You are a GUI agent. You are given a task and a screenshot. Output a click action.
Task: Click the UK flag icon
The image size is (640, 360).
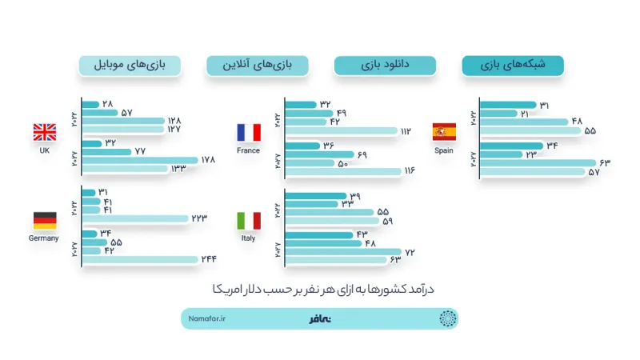[x=45, y=132]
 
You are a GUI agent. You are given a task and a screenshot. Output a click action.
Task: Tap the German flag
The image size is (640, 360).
[x=45, y=221]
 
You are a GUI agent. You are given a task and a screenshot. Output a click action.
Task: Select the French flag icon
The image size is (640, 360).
[x=249, y=132]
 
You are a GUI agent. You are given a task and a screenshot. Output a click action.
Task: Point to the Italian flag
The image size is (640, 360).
[x=249, y=221]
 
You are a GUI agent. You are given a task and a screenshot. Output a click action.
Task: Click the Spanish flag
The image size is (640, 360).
[x=444, y=132]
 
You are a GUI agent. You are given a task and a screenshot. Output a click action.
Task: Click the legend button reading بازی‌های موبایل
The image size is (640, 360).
[x=130, y=66]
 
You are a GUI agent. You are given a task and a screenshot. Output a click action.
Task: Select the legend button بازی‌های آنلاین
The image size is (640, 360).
[x=258, y=66]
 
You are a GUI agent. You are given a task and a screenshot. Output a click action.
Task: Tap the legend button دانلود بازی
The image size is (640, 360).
[x=385, y=66]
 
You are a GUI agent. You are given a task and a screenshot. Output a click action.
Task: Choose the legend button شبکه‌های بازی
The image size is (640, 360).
[x=513, y=66]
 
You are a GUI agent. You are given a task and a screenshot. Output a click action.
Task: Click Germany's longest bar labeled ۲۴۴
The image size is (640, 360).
[x=140, y=259]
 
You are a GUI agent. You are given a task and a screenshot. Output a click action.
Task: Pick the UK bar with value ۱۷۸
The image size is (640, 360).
[x=140, y=160]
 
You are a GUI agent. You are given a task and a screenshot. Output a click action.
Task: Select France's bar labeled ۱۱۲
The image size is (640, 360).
[x=342, y=131]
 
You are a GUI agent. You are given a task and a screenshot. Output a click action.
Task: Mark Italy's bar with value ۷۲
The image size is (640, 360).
[x=343, y=252]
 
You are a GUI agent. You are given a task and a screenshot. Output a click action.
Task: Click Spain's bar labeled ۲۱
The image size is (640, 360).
[x=498, y=114]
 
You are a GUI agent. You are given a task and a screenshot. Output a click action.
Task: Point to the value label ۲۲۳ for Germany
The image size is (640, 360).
[x=199, y=218]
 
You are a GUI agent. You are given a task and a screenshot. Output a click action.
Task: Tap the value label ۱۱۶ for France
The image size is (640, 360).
[x=410, y=170]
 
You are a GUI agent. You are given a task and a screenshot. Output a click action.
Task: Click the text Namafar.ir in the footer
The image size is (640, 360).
[x=207, y=318]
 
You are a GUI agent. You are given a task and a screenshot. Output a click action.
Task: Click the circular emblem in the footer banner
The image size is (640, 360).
[x=447, y=318]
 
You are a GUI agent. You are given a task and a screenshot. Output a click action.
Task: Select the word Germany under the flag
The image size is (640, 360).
[x=44, y=238]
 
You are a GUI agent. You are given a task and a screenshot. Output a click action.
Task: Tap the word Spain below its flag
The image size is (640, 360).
[x=444, y=150]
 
